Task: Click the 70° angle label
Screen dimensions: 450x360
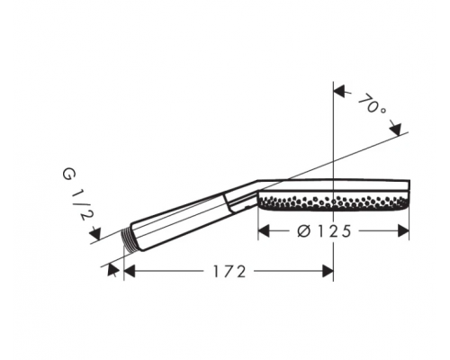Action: tap(372, 104)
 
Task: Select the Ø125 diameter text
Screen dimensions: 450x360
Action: tap(324, 231)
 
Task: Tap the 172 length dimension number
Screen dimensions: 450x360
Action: tap(229, 272)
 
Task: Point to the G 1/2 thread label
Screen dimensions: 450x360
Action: tap(78, 194)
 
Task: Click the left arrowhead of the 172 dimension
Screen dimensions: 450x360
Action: tap(130, 271)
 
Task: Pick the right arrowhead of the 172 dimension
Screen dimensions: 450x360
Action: tap(328, 271)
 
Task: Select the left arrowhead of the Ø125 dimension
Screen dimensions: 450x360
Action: tap(264, 231)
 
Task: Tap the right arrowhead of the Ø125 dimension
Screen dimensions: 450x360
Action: tap(403, 231)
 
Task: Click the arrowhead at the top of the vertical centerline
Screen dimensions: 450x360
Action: tap(339, 91)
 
